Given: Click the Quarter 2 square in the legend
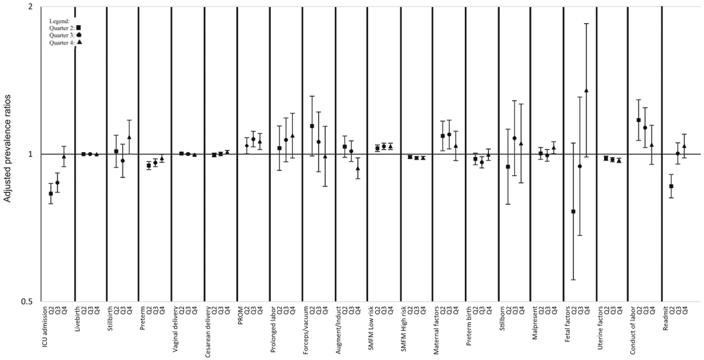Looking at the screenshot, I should pos(79,28).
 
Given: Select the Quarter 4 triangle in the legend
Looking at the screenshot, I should pos(80,43).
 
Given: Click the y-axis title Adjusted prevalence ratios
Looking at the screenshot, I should pos(7,148).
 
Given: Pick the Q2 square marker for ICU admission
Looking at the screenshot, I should pos(51,194).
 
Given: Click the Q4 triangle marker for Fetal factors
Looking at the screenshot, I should pos(586,90).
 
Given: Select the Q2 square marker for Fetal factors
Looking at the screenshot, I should pos(573,212).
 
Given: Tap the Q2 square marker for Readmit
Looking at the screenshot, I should pos(671,186).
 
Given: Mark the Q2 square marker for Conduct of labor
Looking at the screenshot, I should pos(639,120).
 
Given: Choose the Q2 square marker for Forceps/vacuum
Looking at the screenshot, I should pos(312,126).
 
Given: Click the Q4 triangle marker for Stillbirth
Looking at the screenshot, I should pos(129,137).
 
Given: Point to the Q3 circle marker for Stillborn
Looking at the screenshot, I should pos(514,138).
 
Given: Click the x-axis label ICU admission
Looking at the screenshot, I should pos(45,326).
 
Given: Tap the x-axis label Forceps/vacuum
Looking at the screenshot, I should pos(306,328).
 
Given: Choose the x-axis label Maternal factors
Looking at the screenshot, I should pos(436,330).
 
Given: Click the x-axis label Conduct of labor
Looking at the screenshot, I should pos(632,330).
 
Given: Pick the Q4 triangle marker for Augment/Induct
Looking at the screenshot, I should pos(357,168).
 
